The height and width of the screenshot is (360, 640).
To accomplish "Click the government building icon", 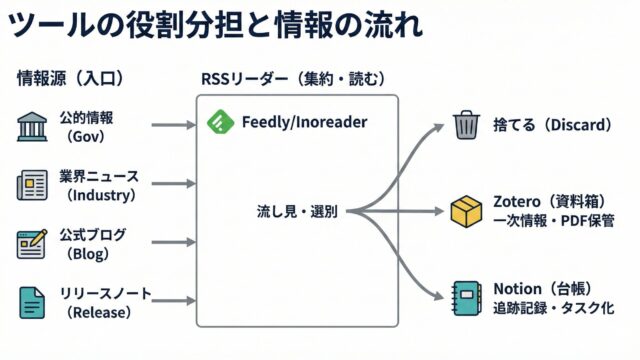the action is pyautogui.click(x=32, y=127).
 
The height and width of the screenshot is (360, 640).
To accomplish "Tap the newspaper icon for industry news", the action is pyautogui.click(x=32, y=185).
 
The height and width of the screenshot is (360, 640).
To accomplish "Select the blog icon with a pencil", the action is pyautogui.click(x=32, y=244).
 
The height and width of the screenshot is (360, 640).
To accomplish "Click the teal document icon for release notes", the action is pyautogui.click(x=32, y=302).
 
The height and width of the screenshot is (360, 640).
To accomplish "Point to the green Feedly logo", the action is pyautogui.click(x=220, y=122).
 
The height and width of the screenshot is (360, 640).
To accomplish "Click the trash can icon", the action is pyautogui.click(x=466, y=125).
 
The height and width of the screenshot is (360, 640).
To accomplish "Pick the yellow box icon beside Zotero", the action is pyautogui.click(x=466, y=211).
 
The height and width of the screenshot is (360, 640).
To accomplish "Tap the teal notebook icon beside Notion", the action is pyautogui.click(x=467, y=298).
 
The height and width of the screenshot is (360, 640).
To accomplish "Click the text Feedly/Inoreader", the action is pyautogui.click(x=304, y=122).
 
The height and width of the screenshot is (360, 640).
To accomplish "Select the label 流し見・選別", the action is pyautogui.click(x=297, y=211).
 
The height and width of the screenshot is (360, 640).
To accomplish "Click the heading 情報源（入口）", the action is pyautogui.click(x=70, y=78).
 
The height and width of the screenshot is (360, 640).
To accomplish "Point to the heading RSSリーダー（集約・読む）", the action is pyautogui.click(x=293, y=79).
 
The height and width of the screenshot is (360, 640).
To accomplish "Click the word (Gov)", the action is pyautogui.click(x=85, y=136).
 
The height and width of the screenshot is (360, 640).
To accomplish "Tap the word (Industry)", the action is pyautogui.click(x=101, y=195).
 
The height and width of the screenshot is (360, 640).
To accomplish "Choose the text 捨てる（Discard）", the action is pyautogui.click(x=552, y=125).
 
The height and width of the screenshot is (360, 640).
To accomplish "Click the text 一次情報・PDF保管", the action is pyautogui.click(x=554, y=221).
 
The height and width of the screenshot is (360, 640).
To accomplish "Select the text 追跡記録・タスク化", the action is pyautogui.click(x=553, y=308).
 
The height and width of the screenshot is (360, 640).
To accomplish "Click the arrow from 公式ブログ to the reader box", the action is pyautogui.click(x=174, y=242).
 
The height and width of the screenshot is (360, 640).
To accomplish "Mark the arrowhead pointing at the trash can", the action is pyautogui.click(x=438, y=127).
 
